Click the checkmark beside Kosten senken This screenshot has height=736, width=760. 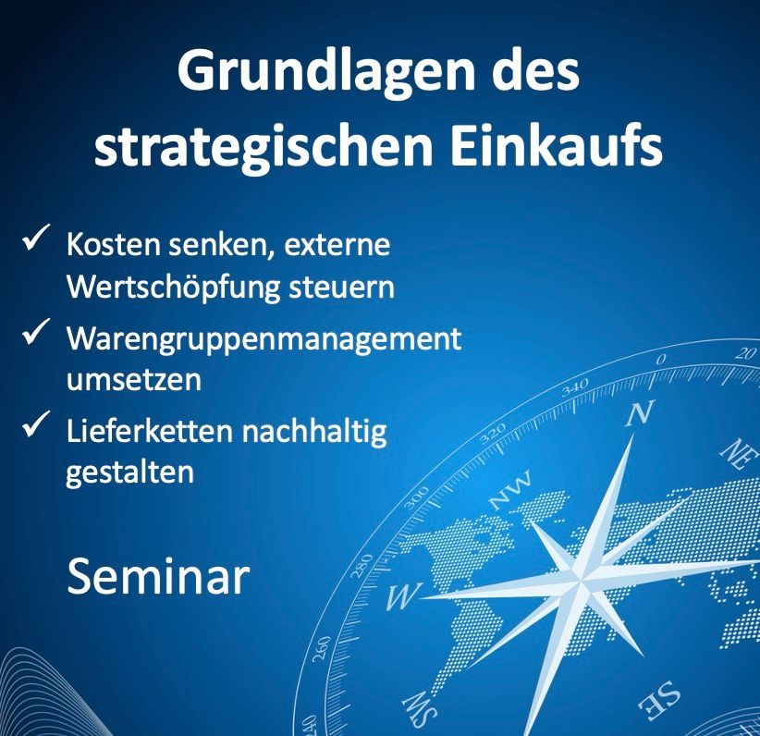pyautogui.click(x=36, y=237)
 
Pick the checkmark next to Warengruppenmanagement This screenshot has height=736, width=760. pyautogui.click(x=36, y=332)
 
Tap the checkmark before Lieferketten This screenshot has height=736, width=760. pyautogui.click(x=36, y=423)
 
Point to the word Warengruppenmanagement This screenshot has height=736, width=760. pyautogui.click(x=264, y=339)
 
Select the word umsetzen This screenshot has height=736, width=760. pyautogui.click(x=133, y=379)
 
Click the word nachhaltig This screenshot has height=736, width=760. pyautogui.click(x=314, y=432)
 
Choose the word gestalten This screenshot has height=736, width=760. pyautogui.click(x=129, y=472)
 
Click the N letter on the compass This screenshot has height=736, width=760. pyautogui.click(x=640, y=414)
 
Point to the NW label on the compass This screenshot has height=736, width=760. pyautogui.click(x=510, y=490)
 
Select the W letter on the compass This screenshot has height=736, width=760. pyautogui.click(x=403, y=595)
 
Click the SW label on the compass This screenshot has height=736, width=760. pyautogui.click(x=421, y=708)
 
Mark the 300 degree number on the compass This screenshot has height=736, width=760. pyautogui.click(x=417, y=498)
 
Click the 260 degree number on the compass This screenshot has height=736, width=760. pyautogui.click(x=322, y=649)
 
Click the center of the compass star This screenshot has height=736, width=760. pyautogui.click(x=580, y=579)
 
